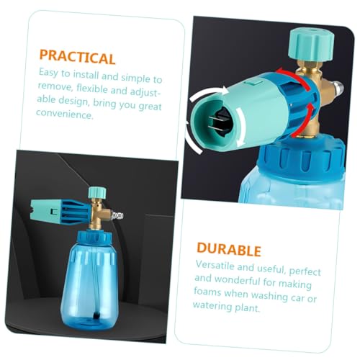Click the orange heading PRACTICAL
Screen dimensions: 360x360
click(x=77, y=57)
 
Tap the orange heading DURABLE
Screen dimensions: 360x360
click(x=229, y=249)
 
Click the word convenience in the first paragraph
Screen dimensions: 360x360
click(x=65, y=114)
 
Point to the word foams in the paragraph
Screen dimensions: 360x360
click(x=207, y=292)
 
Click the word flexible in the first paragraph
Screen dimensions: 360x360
click(x=92, y=89)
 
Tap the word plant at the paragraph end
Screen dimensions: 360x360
click(x=248, y=307)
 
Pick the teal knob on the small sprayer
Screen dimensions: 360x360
click(x=97, y=192)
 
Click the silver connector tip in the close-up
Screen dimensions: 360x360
click(x=338, y=88)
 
